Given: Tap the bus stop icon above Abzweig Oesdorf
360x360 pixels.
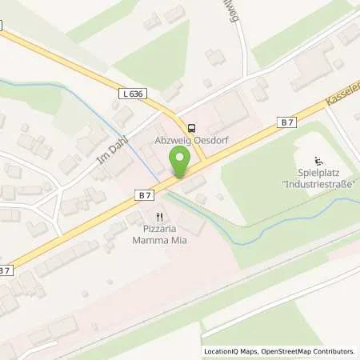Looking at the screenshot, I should [x=191, y=127].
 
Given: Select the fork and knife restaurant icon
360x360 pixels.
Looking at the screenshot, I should [x=160, y=216].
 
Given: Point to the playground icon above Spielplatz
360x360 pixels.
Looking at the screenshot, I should [x=318, y=158].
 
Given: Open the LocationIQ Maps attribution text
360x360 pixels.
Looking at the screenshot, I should [x=229, y=351].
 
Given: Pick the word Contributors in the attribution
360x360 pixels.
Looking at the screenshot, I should [x=334, y=351].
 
